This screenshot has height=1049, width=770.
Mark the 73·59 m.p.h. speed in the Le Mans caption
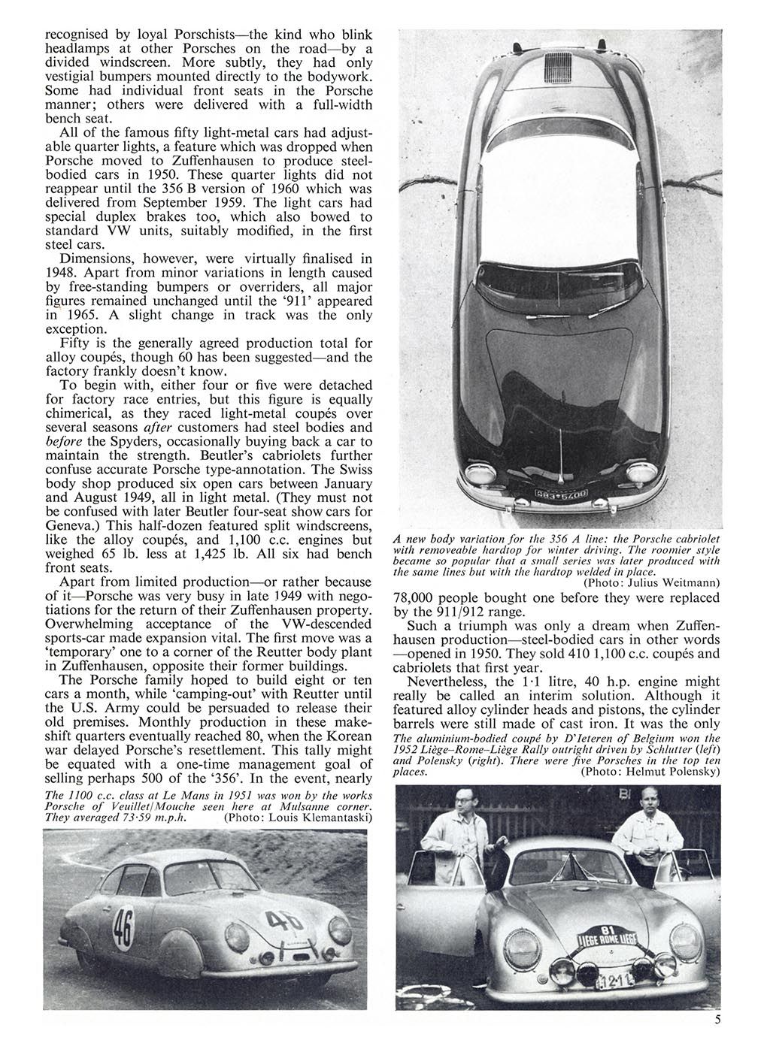pos(159,817)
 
